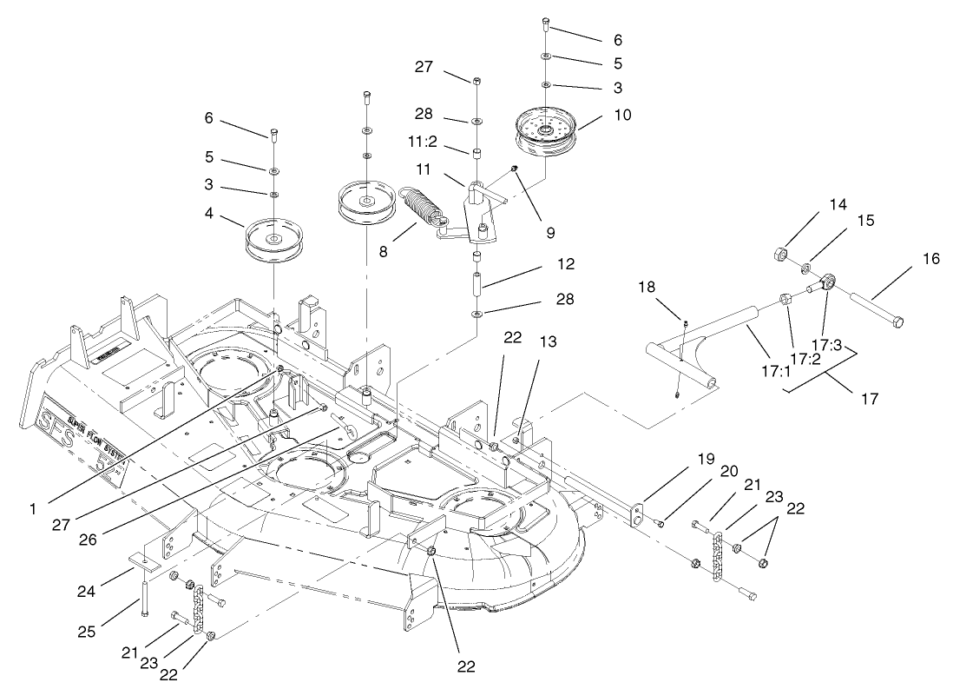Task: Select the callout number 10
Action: [x=600, y=115]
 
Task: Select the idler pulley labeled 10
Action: [x=546, y=132]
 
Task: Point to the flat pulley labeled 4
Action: [x=273, y=239]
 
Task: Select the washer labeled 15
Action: [x=807, y=267]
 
